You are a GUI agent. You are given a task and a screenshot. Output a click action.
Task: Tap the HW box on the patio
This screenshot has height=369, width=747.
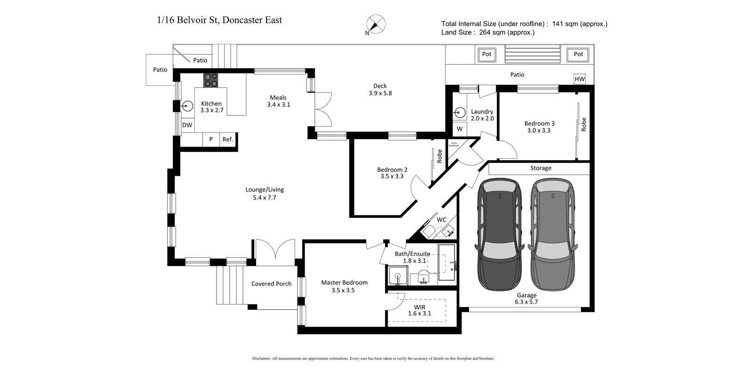(579, 79)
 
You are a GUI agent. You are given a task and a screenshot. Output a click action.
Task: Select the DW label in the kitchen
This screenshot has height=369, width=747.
(187, 125)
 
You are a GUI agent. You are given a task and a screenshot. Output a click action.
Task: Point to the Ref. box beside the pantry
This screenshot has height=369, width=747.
(227, 139)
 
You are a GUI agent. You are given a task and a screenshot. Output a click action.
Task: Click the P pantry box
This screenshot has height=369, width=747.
(211, 139)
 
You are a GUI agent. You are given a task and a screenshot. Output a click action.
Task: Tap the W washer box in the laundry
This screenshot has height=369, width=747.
(459, 129)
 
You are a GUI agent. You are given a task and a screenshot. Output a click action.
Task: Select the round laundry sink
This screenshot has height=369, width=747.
(460, 113)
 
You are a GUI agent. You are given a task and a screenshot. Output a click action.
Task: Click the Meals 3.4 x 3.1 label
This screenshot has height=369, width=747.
(278, 101)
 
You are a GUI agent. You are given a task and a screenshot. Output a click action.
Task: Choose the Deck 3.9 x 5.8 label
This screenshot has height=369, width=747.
(380, 89)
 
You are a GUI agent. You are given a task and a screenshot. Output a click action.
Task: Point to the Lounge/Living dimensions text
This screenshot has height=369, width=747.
(264, 198)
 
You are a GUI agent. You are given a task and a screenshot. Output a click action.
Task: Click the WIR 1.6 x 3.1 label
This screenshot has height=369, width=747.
(419, 310)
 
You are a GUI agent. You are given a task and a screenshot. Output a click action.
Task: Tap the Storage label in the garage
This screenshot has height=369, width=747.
(540, 168)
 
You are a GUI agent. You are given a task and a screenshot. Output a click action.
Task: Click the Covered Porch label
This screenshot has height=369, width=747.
(271, 284)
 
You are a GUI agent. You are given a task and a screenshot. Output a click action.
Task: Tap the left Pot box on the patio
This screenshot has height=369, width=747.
(486, 54)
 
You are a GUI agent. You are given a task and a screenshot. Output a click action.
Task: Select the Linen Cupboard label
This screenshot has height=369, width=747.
(454, 144)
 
